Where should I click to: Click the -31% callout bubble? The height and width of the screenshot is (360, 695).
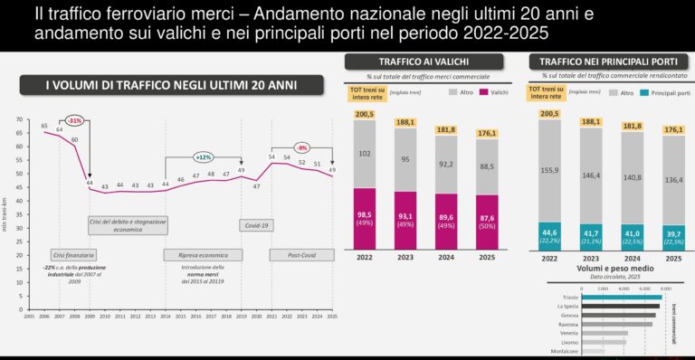pos(74,120)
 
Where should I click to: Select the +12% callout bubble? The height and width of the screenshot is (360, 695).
pos(204,156)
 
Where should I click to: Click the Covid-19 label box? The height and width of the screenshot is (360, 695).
pos(256,224)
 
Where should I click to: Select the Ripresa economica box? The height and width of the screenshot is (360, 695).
pos(203,254)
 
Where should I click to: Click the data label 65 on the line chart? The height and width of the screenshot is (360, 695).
pos(44,126)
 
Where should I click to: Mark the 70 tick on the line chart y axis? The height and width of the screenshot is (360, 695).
pos(18,119)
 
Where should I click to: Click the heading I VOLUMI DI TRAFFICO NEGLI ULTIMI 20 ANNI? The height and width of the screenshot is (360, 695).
pos(171,85)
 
